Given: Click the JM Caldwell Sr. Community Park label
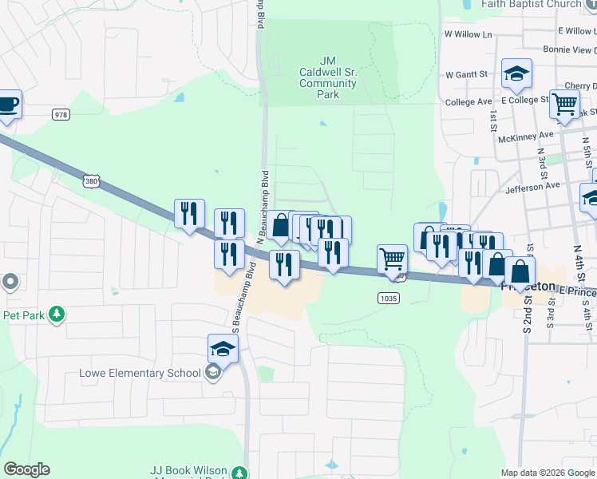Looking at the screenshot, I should click(327, 77).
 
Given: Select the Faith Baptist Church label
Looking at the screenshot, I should click(531, 4).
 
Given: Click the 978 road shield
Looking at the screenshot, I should click(61, 115).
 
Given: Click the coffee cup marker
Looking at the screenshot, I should click(7, 104).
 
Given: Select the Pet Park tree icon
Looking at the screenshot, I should click(56, 315).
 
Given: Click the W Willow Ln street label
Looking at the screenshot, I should click(469, 34).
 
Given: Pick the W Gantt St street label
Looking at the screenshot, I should click(467, 74).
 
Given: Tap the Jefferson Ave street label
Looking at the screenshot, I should click(532, 186).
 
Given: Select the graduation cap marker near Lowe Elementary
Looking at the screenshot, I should click(223, 348).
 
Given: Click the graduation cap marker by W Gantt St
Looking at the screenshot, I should click(516, 73).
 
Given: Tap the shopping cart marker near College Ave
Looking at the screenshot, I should click(564, 104).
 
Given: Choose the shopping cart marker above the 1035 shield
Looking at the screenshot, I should click(392, 259).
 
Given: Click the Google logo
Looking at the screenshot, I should click(27, 469).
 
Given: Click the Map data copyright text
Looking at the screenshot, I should click(548, 472).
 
